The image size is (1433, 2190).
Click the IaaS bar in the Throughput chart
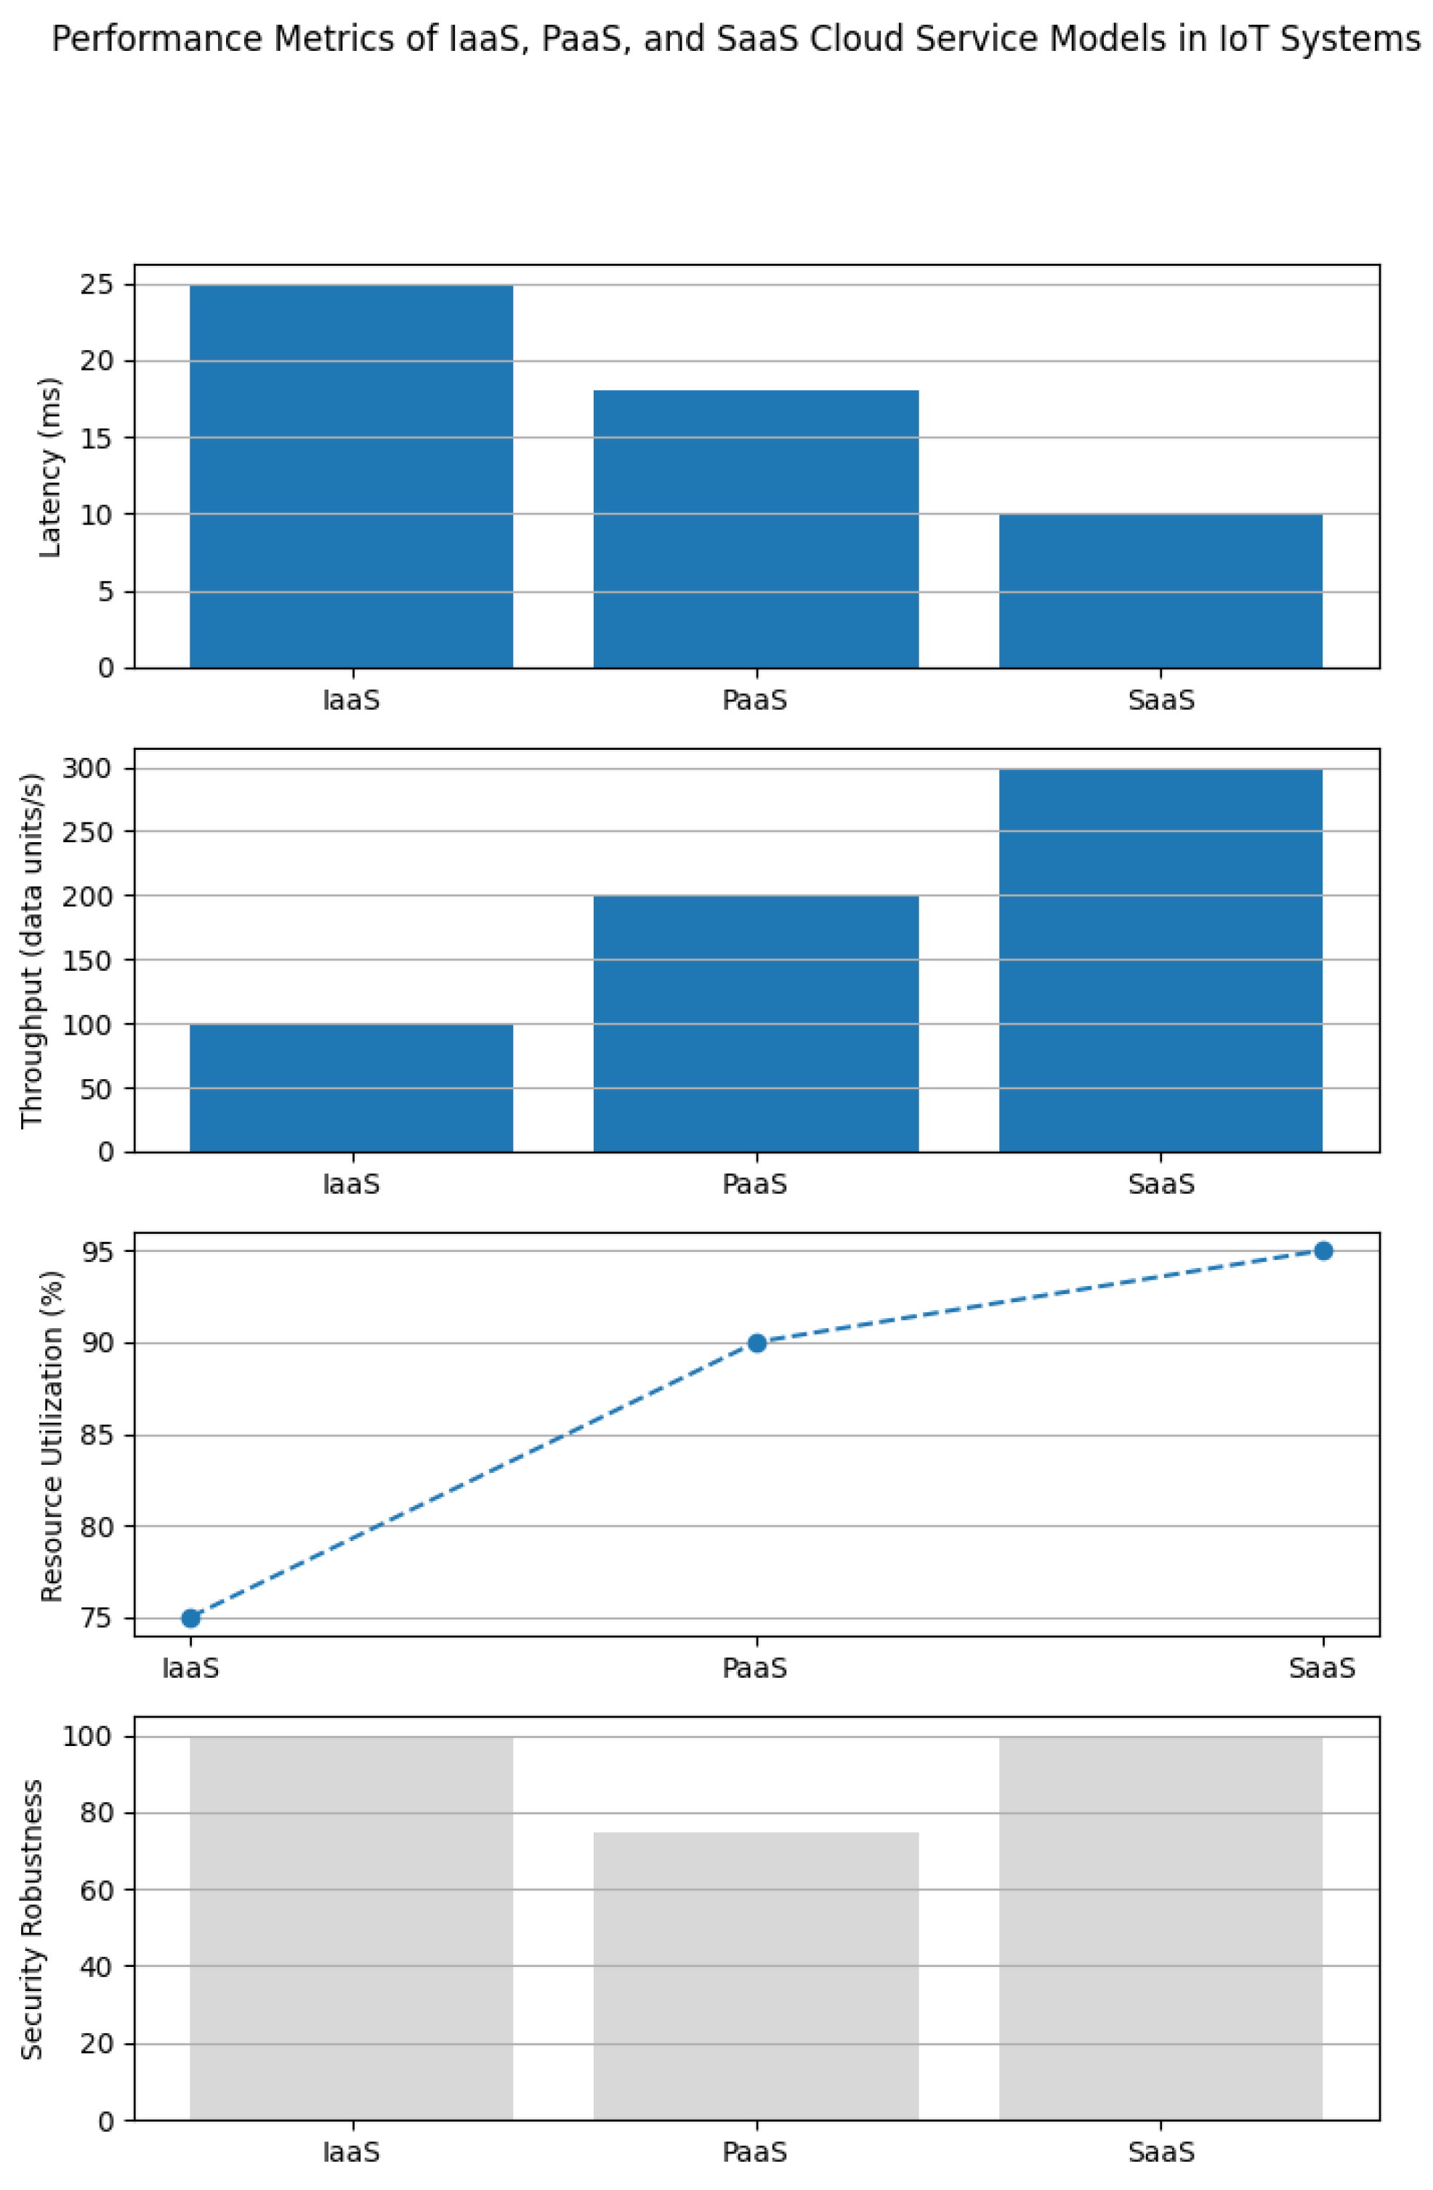tap(351, 1087)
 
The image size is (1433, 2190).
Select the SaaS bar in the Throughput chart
tap(1160, 959)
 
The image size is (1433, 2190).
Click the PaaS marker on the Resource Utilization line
tap(756, 1343)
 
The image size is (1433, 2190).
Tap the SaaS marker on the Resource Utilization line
tap(1323, 1250)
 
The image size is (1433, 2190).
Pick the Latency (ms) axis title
tap(51, 466)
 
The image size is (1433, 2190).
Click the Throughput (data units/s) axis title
tap(32, 950)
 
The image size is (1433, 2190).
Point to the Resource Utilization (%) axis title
tap(51, 1436)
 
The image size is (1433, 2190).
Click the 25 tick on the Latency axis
tap(97, 286)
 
